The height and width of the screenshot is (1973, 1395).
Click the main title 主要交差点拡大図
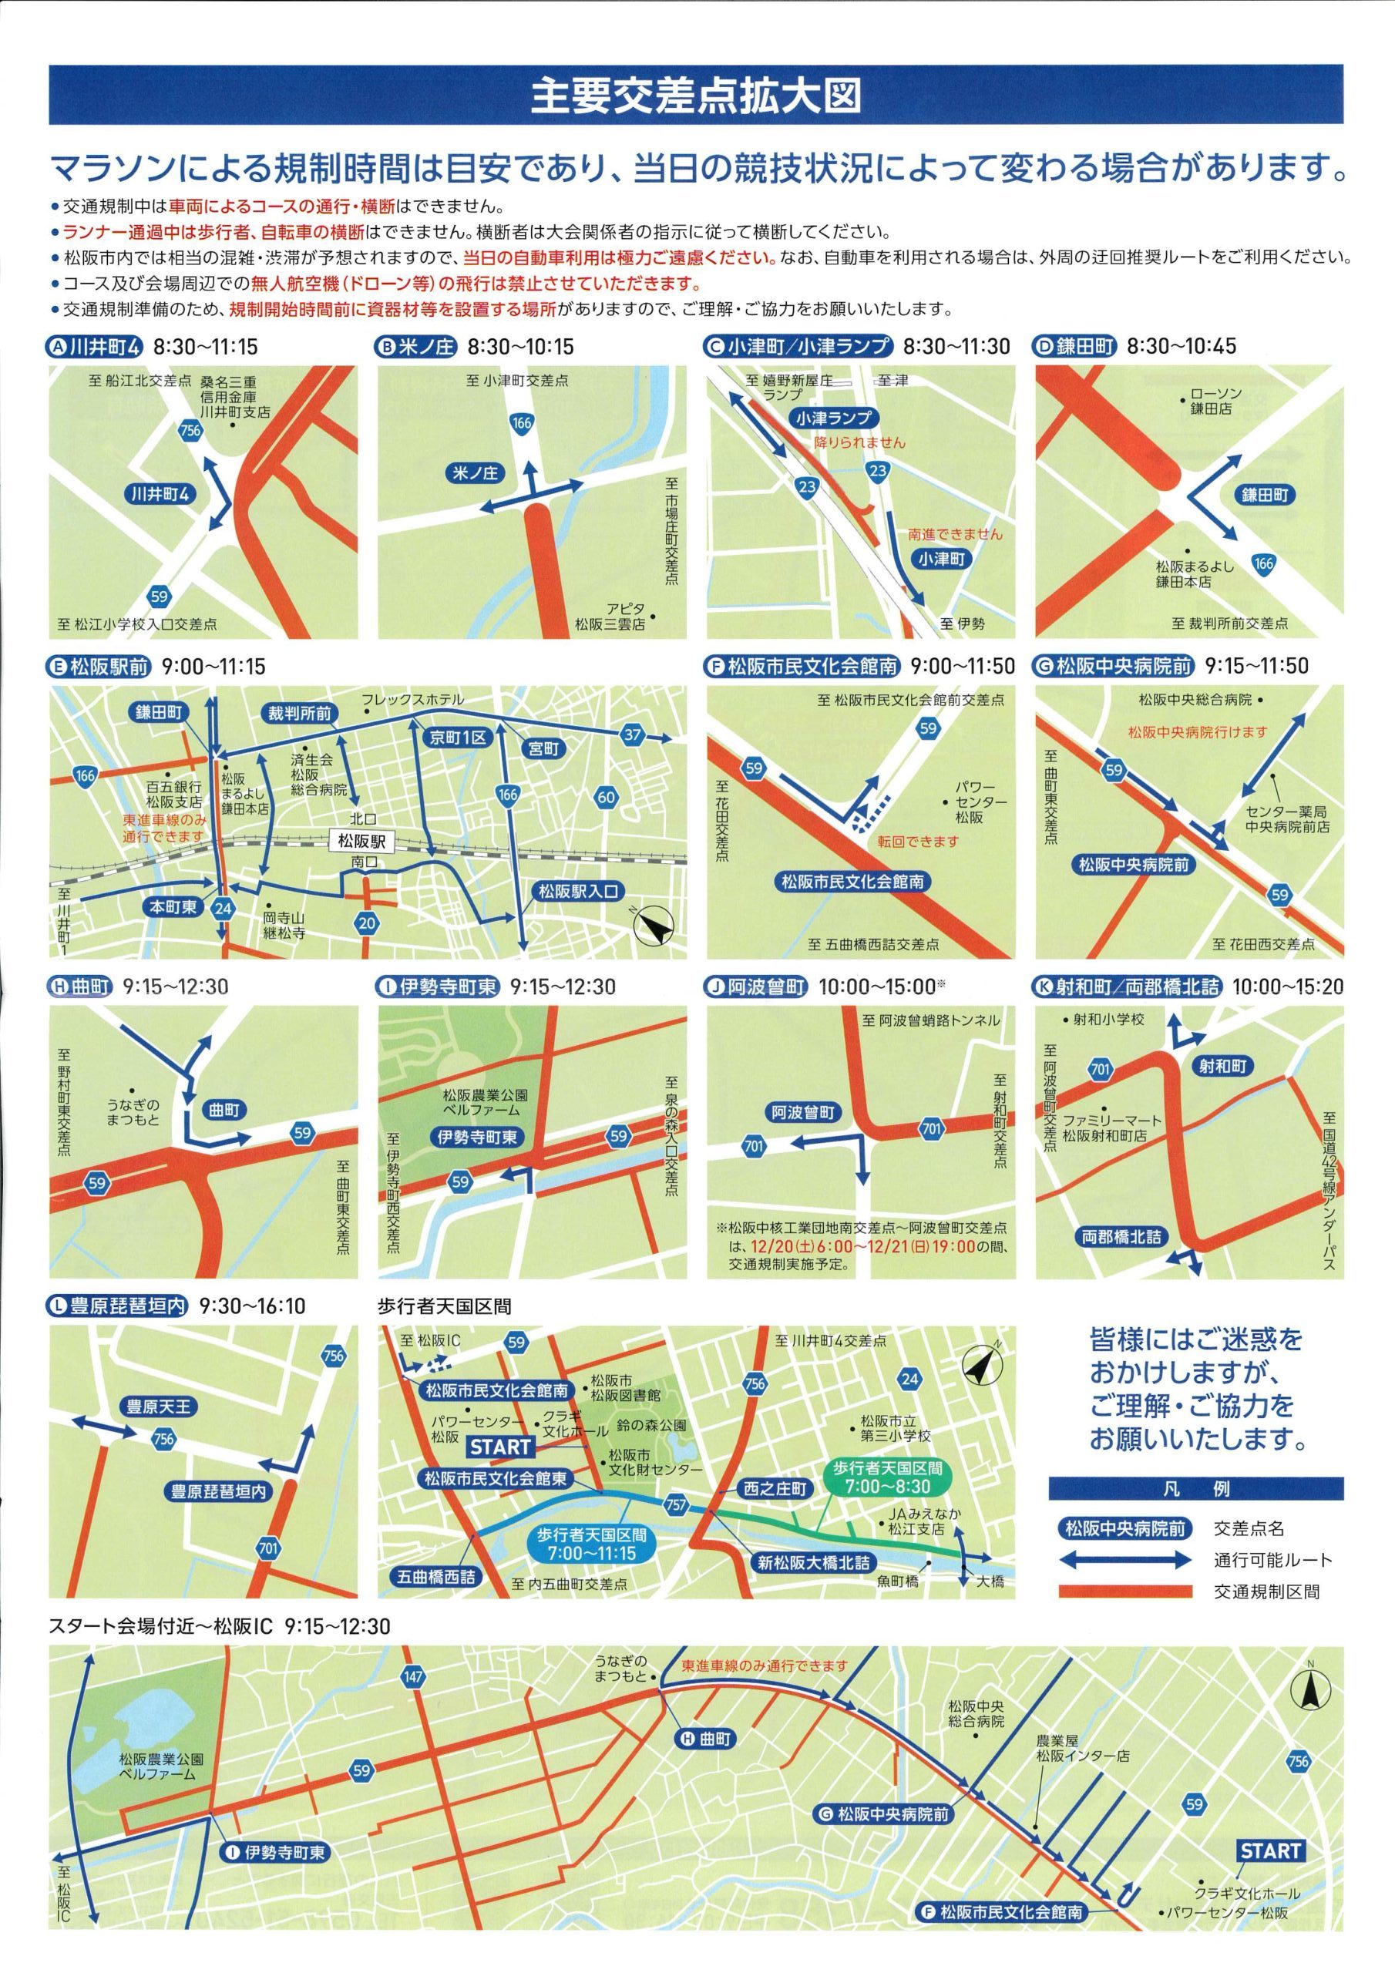click(696, 96)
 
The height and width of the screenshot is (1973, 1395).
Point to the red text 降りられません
click(859, 443)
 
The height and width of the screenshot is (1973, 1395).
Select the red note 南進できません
click(955, 533)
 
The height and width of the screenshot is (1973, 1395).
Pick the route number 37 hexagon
click(633, 734)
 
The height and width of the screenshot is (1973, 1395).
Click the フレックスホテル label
click(412, 700)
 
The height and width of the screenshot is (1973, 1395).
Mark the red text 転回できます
click(917, 842)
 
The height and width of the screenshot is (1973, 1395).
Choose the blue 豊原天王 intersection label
click(159, 1407)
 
